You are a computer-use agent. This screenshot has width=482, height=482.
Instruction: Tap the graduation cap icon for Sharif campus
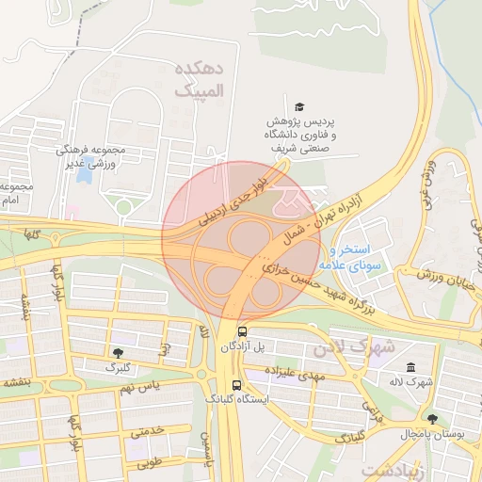click(299, 106)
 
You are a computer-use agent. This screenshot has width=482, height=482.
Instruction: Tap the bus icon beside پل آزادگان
click(243, 332)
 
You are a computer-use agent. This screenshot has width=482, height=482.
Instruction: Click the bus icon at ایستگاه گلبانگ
click(235, 385)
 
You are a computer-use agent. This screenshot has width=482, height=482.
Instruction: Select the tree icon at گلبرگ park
click(117, 352)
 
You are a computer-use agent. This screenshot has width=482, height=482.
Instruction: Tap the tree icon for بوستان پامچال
click(432, 418)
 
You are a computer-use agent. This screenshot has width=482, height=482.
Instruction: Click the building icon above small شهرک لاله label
click(409, 367)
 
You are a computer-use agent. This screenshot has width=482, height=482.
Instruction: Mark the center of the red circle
click(241, 241)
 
